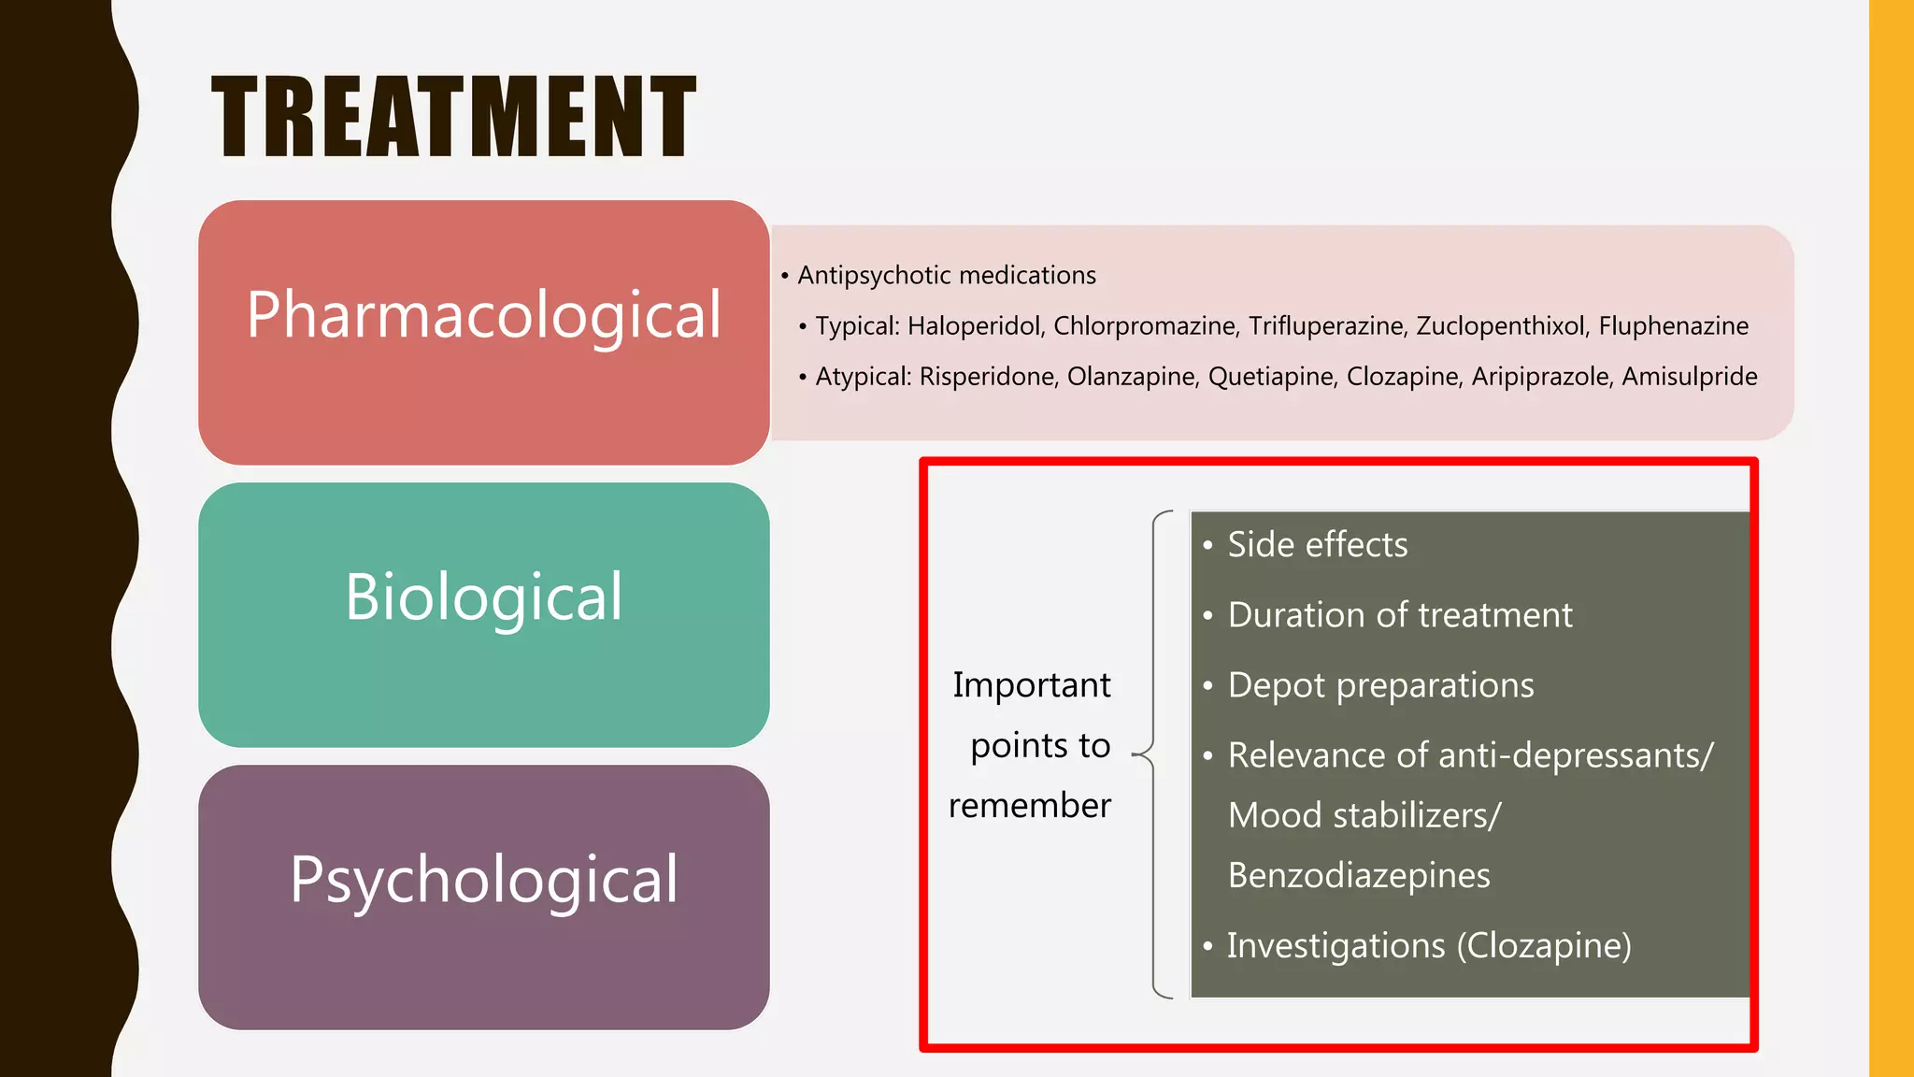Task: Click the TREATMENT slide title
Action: click(x=454, y=118)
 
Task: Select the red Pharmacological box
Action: click(x=484, y=332)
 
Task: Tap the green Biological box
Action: click(x=484, y=614)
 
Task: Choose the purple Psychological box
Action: click(x=484, y=897)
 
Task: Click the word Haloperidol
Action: click(x=974, y=326)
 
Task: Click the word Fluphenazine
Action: click(x=1673, y=326)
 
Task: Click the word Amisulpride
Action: click(x=1690, y=377)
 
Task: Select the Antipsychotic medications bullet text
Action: click(x=946, y=276)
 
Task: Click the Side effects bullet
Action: click(x=1317, y=545)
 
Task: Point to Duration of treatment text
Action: click(x=1399, y=615)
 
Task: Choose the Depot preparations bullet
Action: click(x=1380, y=685)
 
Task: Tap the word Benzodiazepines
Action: click(x=1359, y=876)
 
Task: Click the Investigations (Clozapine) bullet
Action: click(x=1429, y=946)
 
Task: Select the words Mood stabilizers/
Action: click(x=1364, y=815)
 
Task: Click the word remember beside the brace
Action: click(x=1030, y=806)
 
